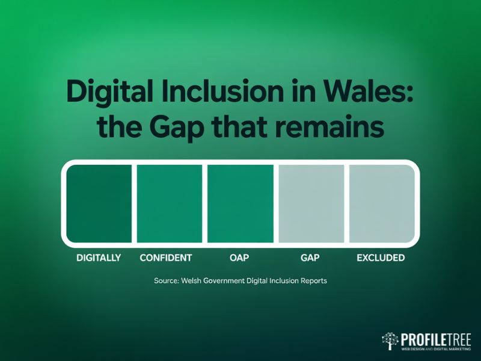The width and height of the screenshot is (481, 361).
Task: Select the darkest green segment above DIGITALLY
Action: (x=99, y=203)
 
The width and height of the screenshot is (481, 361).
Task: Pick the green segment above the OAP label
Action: (x=239, y=203)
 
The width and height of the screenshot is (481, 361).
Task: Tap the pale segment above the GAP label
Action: (x=309, y=203)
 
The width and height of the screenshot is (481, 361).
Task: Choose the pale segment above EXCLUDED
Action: (x=381, y=203)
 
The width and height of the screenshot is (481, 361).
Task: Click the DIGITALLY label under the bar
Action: (x=99, y=258)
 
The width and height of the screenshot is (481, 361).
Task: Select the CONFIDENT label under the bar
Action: (x=165, y=258)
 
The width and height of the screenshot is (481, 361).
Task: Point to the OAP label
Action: (x=239, y=258)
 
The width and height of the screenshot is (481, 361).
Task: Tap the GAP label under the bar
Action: (x=309, y=258)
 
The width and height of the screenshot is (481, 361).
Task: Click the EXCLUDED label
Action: (x=381, y=258)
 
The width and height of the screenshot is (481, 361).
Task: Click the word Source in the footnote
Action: (x=166, y=281)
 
